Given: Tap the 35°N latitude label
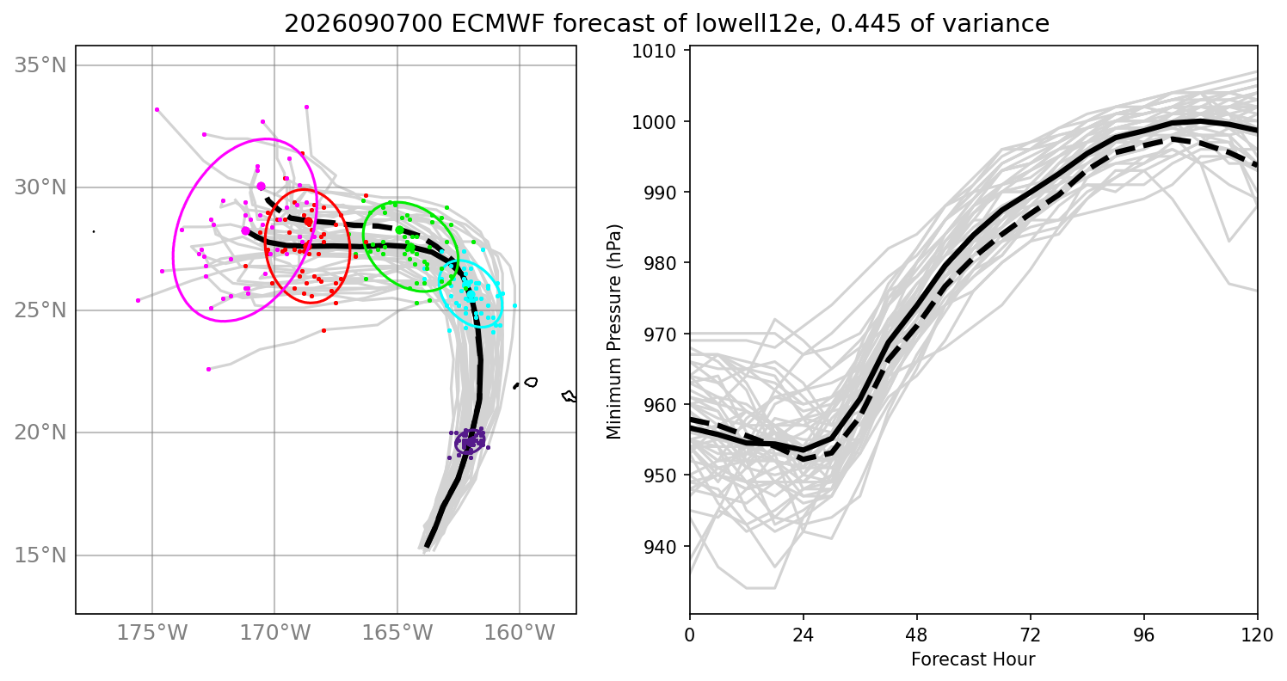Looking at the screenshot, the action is (x=40, y=65).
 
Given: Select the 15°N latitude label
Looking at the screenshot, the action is (x=40, y=555).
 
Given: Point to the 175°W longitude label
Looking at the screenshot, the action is (x=152, y=633).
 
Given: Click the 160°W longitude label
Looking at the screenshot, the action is (x=520, y=633).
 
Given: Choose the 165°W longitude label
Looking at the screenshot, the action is (x=397, y=633).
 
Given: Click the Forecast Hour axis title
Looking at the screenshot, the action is (x=973, y=660).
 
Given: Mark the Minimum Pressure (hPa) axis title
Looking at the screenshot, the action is (x=614, y=332).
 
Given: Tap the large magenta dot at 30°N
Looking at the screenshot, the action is (x=262, y=186).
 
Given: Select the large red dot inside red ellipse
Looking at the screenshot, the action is (x=309, y=222).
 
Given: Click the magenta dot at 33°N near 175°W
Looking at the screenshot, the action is (x=157, y=109).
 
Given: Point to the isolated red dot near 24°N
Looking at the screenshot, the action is (x=324, y=330).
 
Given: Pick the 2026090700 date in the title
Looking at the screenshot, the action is (x=363, y=23).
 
